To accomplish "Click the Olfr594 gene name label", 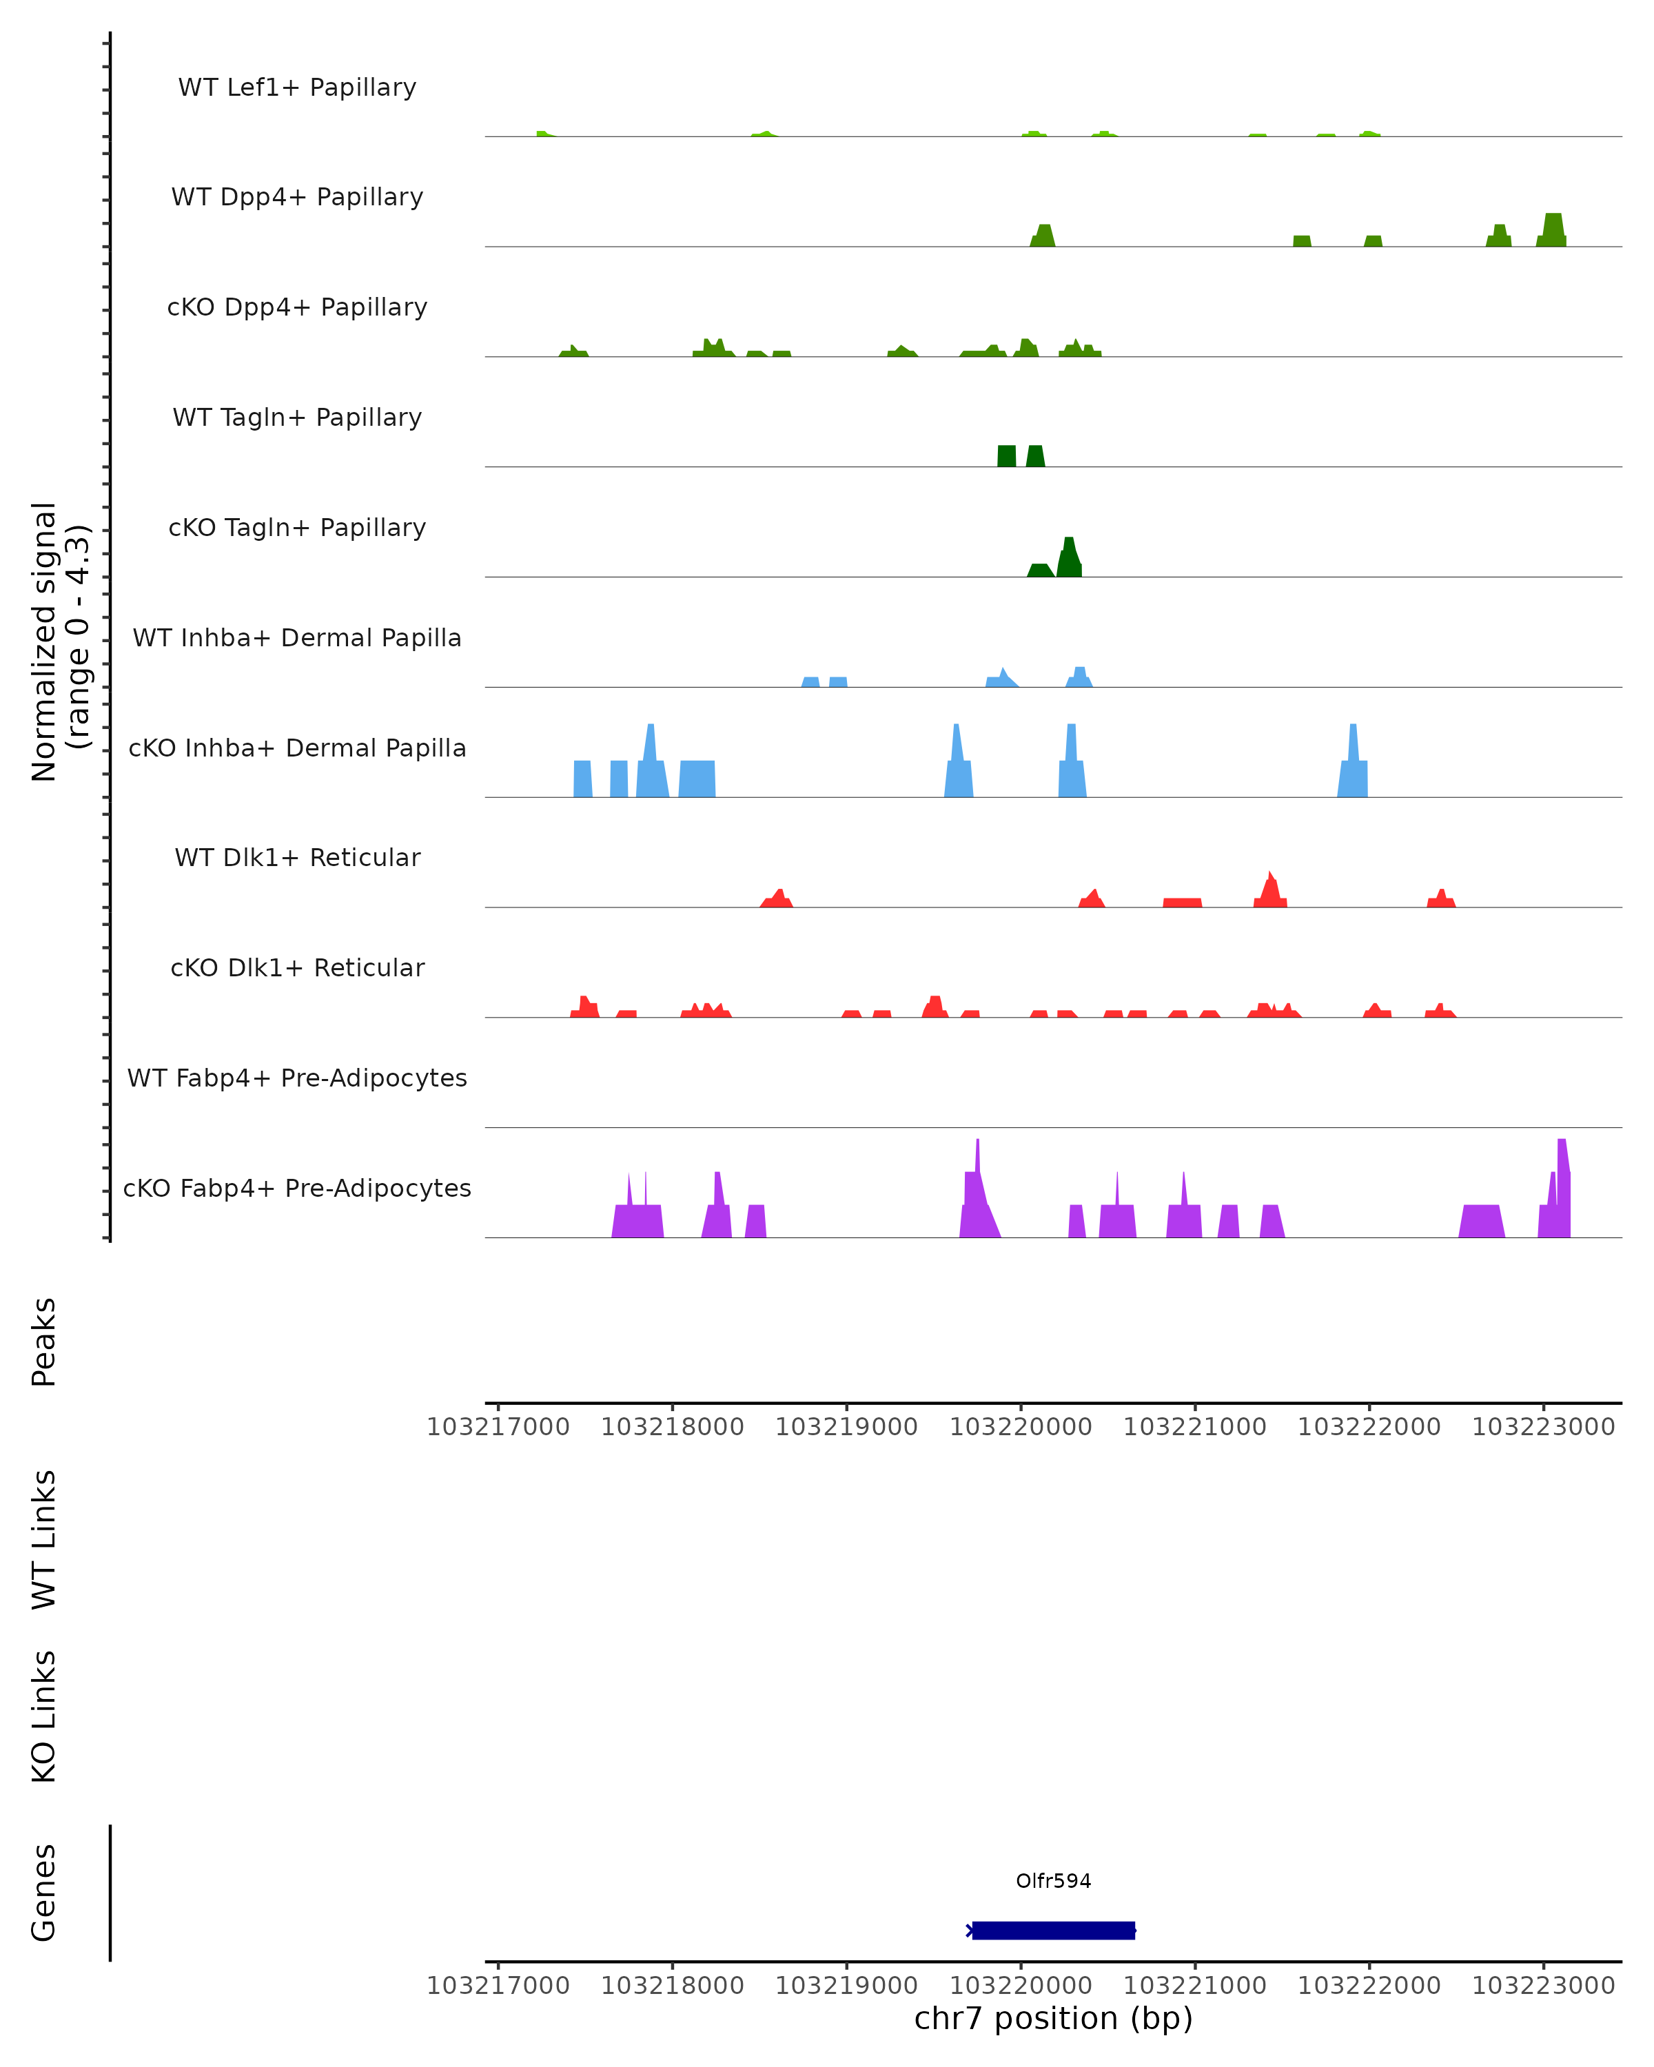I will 1053,1881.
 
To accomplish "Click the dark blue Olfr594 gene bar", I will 1053,1930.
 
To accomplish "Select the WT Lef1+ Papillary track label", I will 297,88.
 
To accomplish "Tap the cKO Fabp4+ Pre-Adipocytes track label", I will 297,1188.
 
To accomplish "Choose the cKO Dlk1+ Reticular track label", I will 297,967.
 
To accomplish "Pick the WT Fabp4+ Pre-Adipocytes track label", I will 297,1078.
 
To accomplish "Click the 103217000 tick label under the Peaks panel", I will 498,1427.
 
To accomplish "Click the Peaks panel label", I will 43,1341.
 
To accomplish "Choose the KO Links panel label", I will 43,1716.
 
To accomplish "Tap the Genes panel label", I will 43,1893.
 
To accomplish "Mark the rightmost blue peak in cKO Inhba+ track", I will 1353,762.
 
